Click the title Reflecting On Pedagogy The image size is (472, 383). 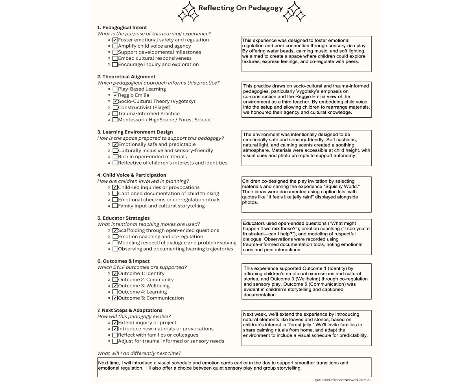click(x=240, y=8)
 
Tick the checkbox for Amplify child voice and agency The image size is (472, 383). click(x=115, y=46)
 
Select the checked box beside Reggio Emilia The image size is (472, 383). click(x=115, y=95)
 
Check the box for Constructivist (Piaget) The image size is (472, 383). click(x=115, y=107)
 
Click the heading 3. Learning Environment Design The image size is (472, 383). click(x=135, y=132)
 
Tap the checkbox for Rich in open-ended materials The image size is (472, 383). click(x=115, y=157)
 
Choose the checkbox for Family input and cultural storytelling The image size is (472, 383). click(x=115, y=206)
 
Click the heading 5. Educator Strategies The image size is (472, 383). click(x=123, y=218)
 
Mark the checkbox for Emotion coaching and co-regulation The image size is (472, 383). click(x=115, y=237)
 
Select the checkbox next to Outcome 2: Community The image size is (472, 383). click(x=115, y=280)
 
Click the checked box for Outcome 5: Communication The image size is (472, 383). click(x=115, y=298)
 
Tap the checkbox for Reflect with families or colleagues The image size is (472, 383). click(x=115, y=335)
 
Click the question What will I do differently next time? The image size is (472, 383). click(x=139, y=353)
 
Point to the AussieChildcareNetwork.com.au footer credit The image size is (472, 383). click(x=343, y=380)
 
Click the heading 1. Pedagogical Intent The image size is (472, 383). click(x=122, y=28)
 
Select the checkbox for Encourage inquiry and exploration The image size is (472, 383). click(x=115, y=65)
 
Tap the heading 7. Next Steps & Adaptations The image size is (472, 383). click(x=130, y=311)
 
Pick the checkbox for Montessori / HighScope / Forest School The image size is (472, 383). click(x=115, y=120)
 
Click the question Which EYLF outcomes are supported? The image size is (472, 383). click(x=142, y=267)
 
